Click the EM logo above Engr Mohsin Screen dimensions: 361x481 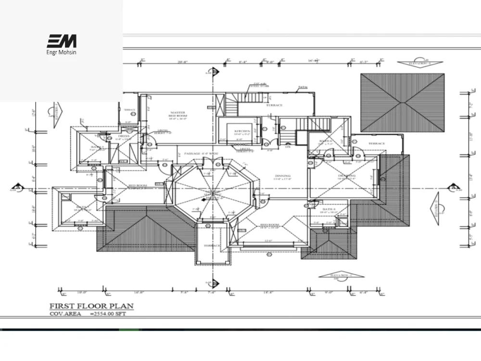coord(62,41)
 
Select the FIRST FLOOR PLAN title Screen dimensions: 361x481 coord(92,306)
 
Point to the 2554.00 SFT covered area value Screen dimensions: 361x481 coord(113,314)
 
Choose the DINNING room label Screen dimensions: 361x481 coord(282,176)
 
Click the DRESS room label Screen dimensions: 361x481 coord(124,136)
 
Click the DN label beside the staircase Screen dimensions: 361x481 coord(288,147)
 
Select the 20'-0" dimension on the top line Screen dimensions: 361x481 coord(182,62)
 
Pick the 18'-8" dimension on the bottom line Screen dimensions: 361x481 coord(268,292)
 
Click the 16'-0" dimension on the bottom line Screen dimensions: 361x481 coord(139,292)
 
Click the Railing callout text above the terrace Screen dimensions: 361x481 coord(303,88)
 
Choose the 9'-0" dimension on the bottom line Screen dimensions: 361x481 coord(329,292)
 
